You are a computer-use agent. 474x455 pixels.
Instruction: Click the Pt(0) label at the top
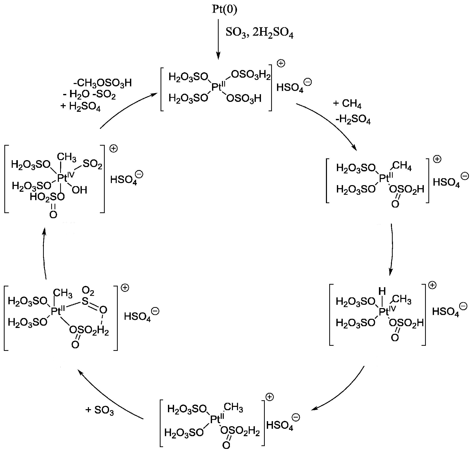point(224,10)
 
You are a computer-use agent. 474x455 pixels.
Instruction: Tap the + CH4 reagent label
point(347,104)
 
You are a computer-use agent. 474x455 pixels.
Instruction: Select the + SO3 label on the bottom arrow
point(100,410)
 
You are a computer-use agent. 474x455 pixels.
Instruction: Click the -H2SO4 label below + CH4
point(353,120)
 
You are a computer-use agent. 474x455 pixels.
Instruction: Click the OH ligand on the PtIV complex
point(80,190)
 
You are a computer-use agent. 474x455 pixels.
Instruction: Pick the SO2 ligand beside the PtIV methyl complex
point(92,164)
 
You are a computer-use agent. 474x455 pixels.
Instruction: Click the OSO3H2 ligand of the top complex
point(251,75)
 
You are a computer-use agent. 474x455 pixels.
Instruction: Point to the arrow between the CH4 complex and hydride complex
point(391,250)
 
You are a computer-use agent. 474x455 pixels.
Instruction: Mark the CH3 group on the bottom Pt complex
point(233,408)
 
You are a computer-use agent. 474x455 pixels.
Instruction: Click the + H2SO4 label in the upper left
point(81,106)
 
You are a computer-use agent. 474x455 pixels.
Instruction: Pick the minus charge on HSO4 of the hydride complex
point(464,306)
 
